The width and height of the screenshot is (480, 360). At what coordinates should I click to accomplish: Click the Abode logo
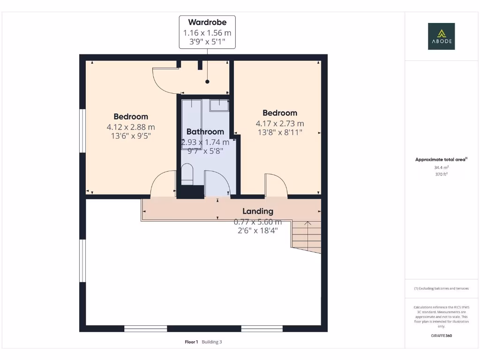click(441, 36)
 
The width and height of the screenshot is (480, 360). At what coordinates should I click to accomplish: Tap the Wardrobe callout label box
click(207, 32)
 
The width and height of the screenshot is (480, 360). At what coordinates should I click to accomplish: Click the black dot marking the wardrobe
click(207, 82)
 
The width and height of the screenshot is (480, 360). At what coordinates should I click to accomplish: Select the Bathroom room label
click(205, 132)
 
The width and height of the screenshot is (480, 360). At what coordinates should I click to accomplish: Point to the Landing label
click(257, 211)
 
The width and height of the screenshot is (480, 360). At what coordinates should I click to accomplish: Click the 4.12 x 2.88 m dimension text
click(131, 127)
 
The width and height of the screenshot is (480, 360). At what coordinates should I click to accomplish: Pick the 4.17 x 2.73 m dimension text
click(280, 123)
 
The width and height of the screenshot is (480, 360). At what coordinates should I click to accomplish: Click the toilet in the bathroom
click(187, 174)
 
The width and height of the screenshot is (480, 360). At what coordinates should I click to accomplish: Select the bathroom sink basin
click(219, 105)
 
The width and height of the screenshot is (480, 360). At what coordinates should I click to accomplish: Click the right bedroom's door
click(276, 185)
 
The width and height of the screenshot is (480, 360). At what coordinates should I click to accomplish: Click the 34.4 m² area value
click(441, 167)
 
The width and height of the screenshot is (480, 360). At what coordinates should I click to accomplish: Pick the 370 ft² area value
click(441, 174)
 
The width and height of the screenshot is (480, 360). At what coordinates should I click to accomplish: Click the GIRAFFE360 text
click(441, 336)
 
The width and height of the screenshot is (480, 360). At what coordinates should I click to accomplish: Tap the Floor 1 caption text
click(191, 342)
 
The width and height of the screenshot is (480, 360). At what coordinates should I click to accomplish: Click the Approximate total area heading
click(441, 159)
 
